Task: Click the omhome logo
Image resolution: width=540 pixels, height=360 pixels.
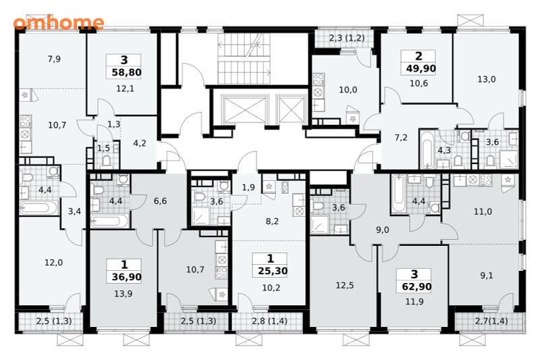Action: [x=59, y=23]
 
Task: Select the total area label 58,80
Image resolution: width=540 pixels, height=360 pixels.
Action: [x=126, y=72]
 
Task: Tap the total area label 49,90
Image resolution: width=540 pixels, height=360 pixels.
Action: [x=421, y=68]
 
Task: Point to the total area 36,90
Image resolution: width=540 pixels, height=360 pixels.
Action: [x=126, y=277]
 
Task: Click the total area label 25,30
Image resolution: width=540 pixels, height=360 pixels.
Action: [x=273, y=271]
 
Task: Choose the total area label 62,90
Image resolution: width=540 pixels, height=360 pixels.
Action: [x=416, y=286]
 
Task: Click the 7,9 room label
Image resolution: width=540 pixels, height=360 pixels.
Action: [x=54, y=59]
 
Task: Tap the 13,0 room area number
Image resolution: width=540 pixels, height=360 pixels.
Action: [x=486, y=79]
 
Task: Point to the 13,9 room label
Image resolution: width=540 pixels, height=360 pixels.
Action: [x=124, y=294]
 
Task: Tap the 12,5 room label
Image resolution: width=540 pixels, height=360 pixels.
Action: [x=344, y=285]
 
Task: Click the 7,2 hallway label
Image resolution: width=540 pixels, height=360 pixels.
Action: [x=401, y=138]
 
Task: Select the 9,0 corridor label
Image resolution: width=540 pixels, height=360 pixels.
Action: [x=382, y=230]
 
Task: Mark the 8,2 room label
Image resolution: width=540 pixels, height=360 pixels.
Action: [x=272, y=221]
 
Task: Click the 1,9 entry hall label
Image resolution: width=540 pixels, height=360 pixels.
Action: [x=248, y=187]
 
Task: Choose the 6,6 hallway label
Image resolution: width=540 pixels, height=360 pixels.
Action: [x=160, y=201]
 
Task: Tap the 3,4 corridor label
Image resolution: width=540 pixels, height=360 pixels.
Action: [x=74, y=211]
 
